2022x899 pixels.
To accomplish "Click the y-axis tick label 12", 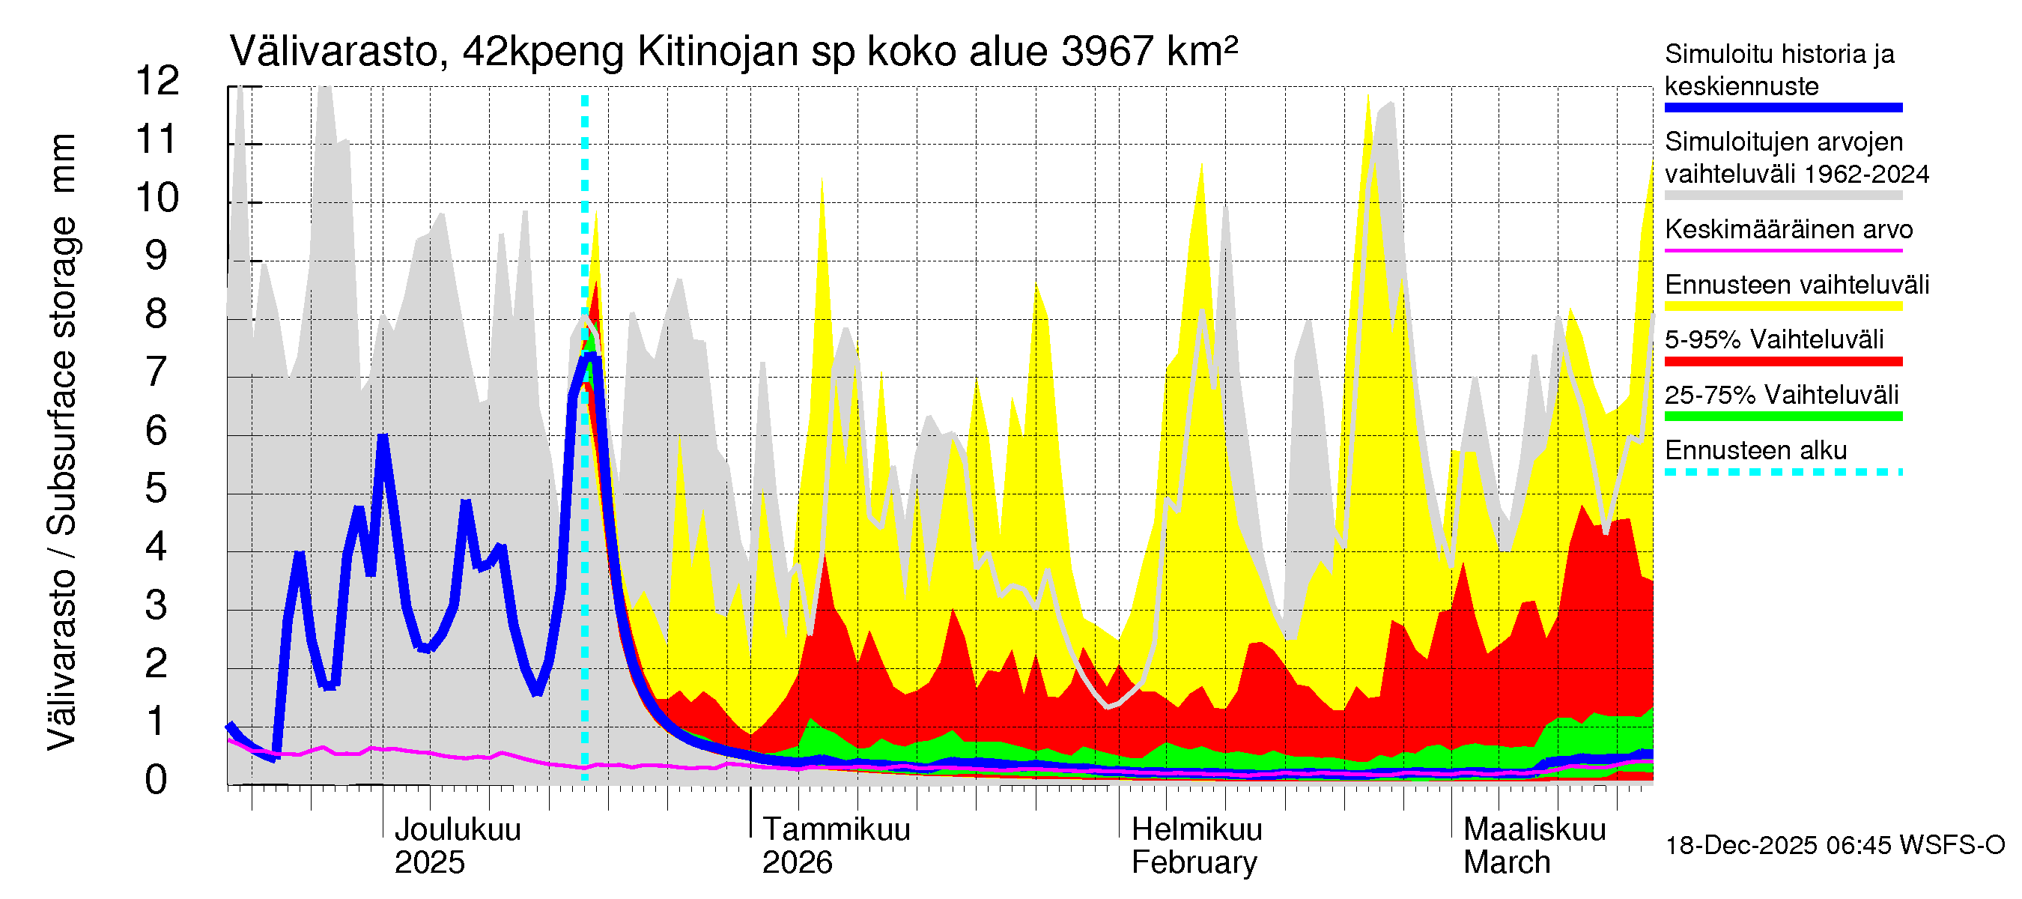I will click(157, 81).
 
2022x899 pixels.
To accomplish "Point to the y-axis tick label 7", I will click(157, 372).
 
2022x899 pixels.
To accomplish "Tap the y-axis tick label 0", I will click(157, 780).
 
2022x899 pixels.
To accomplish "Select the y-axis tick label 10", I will click(157, 197).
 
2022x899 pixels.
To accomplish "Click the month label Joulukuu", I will click(457, 829).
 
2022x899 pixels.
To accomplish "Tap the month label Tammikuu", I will click(836, 829).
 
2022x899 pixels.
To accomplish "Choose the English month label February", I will click(1194, 862).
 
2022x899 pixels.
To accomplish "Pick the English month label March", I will click(1506, 862).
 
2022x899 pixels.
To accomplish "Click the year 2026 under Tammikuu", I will click(797, 862).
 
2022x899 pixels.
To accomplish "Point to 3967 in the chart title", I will click(1108, 52).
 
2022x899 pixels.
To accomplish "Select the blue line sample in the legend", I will click(1782, 108).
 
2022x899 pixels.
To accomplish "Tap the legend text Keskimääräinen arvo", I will click(1788, 229).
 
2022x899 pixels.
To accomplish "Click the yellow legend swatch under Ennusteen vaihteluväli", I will click(1782, 306).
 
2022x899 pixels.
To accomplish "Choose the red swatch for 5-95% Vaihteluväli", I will click(1782, 361).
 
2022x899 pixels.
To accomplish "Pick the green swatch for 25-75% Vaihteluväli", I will click(1782, 416).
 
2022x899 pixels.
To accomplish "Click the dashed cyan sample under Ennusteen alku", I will click(1782, 472).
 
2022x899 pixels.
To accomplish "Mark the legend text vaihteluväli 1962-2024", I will click(1796, 174).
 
